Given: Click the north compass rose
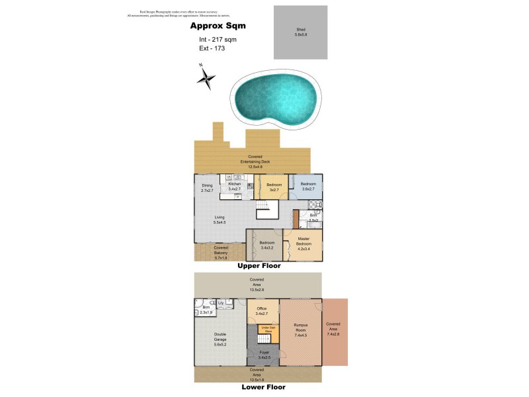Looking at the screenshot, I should (x=206, y=79).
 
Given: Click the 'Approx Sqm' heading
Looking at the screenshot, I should (x=218, y=26).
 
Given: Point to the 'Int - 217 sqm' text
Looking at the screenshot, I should (x=218, y=40).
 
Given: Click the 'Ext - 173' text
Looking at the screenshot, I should (x=212, y=48).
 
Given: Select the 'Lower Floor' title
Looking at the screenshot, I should (x=263, y=387).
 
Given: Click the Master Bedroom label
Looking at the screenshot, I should (x=304, y=241).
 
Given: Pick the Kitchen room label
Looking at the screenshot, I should (x=233, y=187).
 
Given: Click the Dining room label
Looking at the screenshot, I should (x=207, y=187).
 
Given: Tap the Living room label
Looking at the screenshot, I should (x=220, y=220).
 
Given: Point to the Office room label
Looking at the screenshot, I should (x=261, y=311).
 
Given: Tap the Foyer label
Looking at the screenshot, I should (x=263, y=355).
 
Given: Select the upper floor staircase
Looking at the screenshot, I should (x=264, y=210).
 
